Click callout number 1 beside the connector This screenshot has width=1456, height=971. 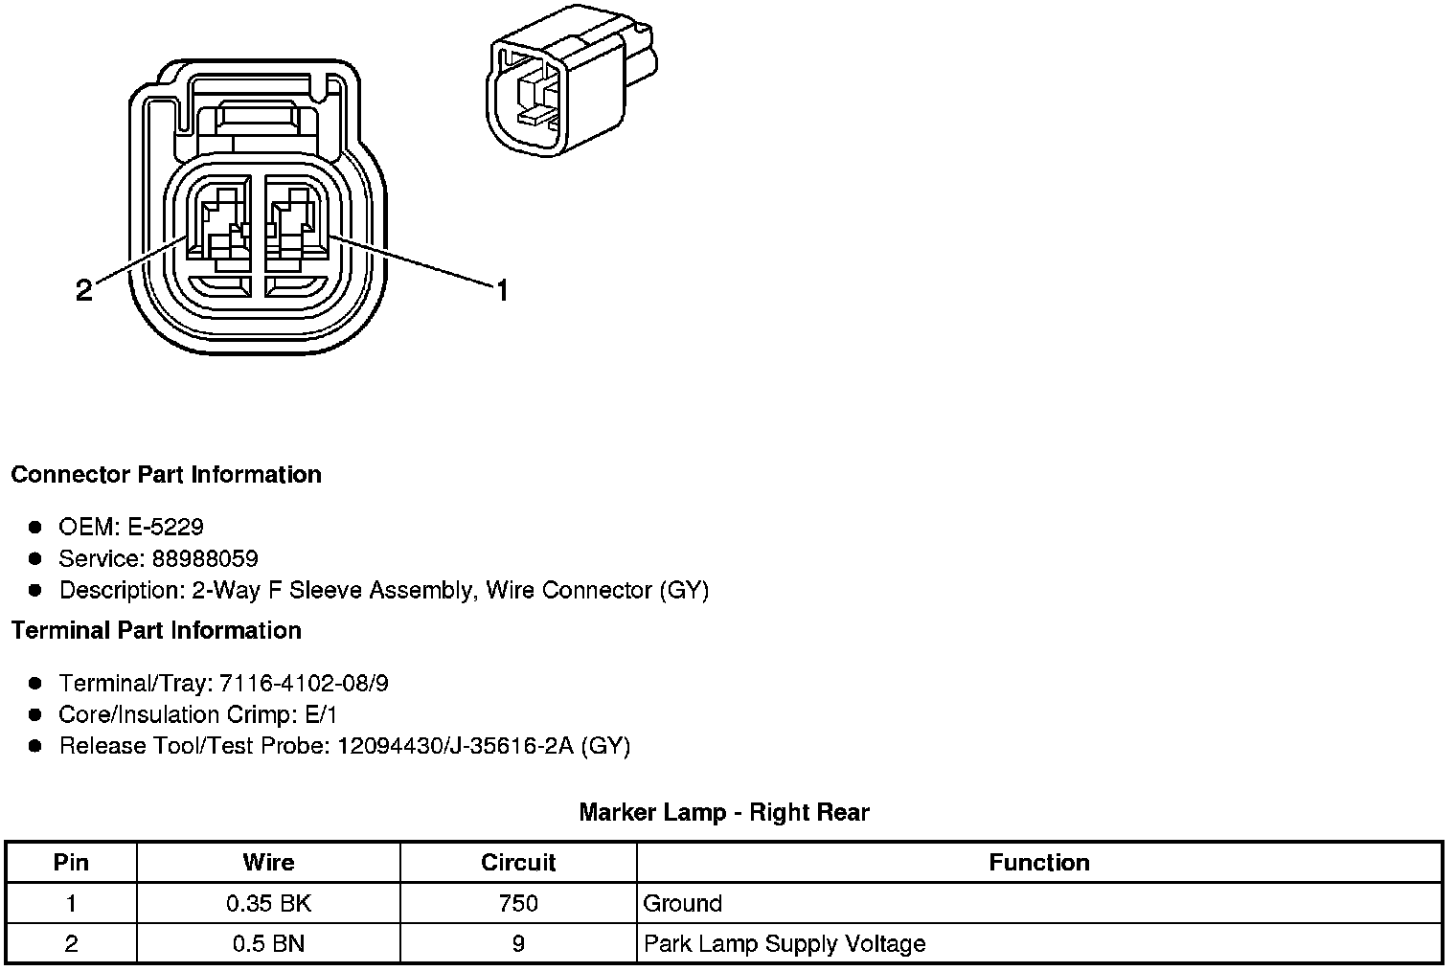(x=501, y=289)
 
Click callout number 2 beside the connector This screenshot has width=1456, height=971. (x=84, y=289)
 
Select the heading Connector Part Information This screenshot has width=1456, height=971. (x=166, y=475)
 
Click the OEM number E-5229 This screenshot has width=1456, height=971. (x=165, y=527)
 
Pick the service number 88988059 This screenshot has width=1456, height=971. (x=205, y=558)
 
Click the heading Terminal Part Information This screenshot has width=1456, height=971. (x=156, y=630)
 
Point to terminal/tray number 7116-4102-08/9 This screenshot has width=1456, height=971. (x=304, y=683)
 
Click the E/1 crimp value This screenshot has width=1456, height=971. (x=319, y=714)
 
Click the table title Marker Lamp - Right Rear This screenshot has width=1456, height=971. (x=724, y=813)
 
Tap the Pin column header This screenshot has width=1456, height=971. (x=71, y=863)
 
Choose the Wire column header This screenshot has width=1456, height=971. (x=268, y=863)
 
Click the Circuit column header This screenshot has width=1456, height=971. (x=518, y=863)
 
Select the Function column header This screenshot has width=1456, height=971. (x=1039, y=863)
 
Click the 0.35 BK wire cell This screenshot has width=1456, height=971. (x=268, y=903)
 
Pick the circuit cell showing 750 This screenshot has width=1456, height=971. (x=518, y=903)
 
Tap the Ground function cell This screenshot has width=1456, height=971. (x=682, y=903)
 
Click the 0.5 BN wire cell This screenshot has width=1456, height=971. (x=268, y=943)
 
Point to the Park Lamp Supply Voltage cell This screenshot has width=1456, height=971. (x=785, y=943)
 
